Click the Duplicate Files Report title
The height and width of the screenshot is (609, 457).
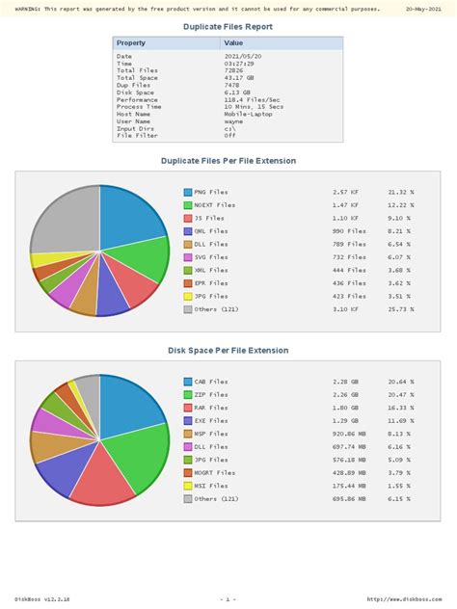pos(228,27)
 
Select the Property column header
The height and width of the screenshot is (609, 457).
pos(131,43)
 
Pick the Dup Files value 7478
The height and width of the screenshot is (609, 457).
pos(233,85)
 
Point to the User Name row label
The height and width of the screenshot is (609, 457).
pos(134,120)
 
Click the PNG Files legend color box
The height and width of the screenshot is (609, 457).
pos(188,193)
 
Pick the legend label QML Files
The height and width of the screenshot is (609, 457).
pos(211,231)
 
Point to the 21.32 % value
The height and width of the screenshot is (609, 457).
pos(400,193)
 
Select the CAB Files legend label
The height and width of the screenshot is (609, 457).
pos(211,383)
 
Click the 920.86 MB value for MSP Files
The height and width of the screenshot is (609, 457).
pos(349,434)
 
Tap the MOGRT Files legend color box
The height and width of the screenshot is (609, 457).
pos(188,473)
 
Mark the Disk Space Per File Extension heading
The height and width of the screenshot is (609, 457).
pos(228,350)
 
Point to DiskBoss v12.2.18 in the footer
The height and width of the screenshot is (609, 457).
pos(42,598)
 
